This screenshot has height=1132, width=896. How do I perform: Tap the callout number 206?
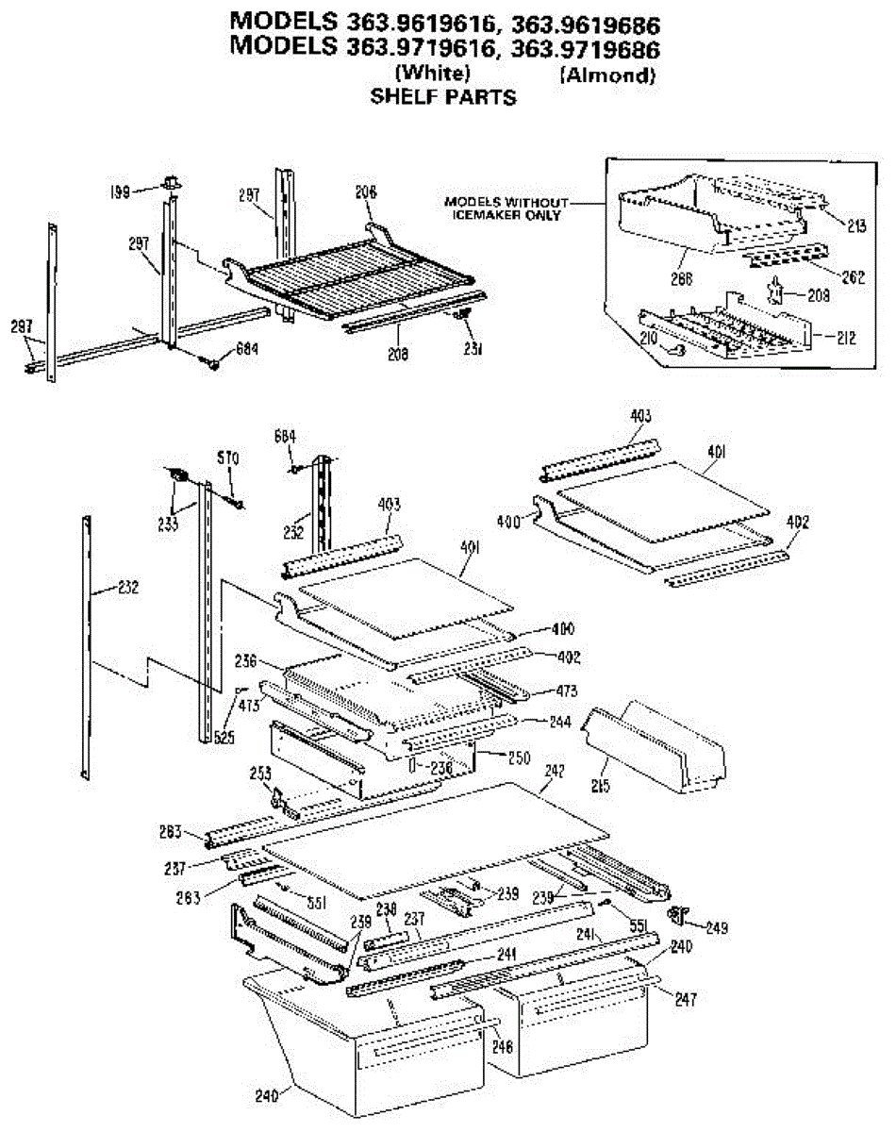point(366,192)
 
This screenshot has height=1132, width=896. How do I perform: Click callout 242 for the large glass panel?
point(554,772)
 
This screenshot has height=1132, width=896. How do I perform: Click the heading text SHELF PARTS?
point(442,97)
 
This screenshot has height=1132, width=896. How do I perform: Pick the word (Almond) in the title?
point(607,76)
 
